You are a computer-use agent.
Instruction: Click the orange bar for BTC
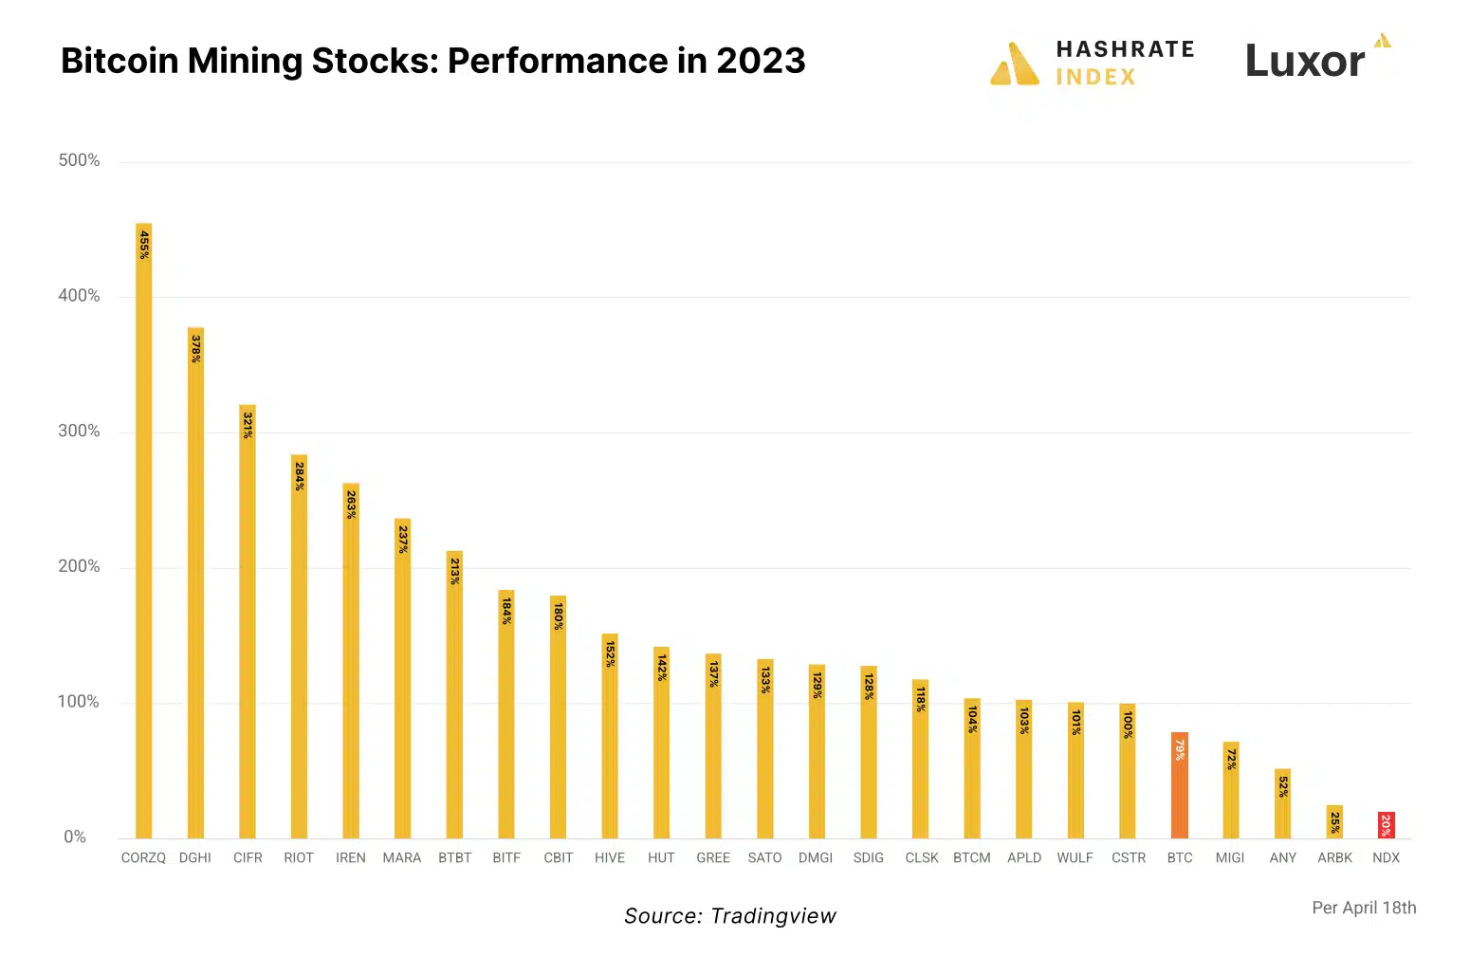click(x=1179, y=784)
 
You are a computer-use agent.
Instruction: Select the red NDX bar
click(x=1386, y=825)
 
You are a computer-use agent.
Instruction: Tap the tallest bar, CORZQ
click(x=144, y=530)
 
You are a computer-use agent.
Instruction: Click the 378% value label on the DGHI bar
click(x=195, y=348)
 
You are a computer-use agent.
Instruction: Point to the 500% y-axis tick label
click(x=79, y=160)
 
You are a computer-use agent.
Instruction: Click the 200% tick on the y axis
click(x=79, y=566)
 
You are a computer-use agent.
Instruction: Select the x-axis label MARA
click(x=401, y=857)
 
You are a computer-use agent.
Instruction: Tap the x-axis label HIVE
click(x=610, y=857)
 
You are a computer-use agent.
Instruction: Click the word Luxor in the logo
click(x=1305, y=61)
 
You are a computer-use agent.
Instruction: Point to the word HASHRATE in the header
click(x=1125, y=49)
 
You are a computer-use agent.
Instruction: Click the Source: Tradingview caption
click(x=729, y=915)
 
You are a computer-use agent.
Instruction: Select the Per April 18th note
click(x=1364, y=908)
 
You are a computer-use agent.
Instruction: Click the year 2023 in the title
click(x=761, y=61)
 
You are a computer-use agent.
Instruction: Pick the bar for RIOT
click(x=299, y=646)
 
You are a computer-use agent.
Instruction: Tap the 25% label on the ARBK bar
click(x=1334, y=822)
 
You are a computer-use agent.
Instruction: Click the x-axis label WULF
click(x=1075, y=857)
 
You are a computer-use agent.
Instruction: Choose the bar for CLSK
click(x=920, y=759)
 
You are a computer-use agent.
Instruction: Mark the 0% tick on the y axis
click(x=75, y=836)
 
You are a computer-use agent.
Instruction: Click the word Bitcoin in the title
click(x=119, y=61)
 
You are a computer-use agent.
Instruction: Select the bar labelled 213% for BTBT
click(x=454, y=694)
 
